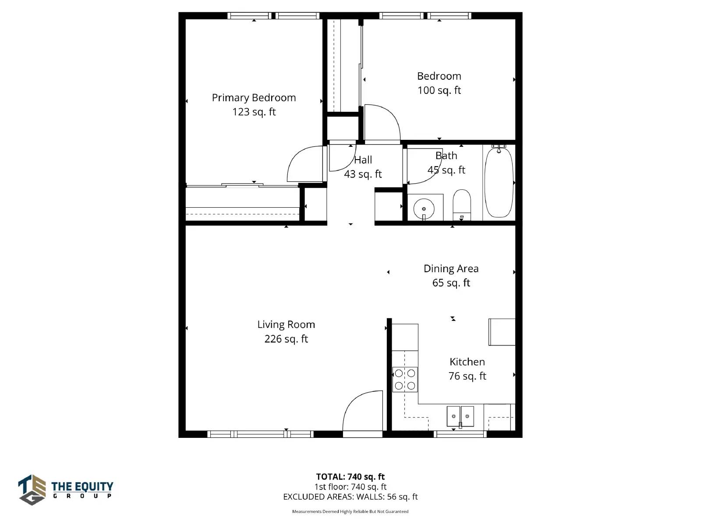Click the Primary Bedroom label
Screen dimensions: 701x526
pyautogui.click(x=254, y=98)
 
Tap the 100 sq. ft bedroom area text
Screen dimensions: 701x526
pyautogui.click(x=439, y=90)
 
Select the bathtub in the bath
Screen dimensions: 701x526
pyautogui.click(x=499, y=182)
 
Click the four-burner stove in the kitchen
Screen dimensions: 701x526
pyautogui.click(x=405, y=380)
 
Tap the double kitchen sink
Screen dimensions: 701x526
pyautogui.click(x=460, y=416)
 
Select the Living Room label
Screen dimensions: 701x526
pyautogui.click(x=286, y=324)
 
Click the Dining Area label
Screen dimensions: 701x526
pyautogui.click(x=451, y=269)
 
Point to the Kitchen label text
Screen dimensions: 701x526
pyautogui.click(x=467, y=362)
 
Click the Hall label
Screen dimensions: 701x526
pyautogui.click(x=363, y=160)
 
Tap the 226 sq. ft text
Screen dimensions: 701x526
pyautogui.click(x=286, y=339)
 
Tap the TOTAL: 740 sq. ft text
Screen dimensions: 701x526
pyautogui.click(x=350, y=477)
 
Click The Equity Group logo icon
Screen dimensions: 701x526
pyautogui.click(x=32, y=490)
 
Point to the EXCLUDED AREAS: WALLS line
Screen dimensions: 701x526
pyautogui.click(x=350, y=497)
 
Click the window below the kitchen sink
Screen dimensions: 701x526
pyautogui.click(x=460, y=434)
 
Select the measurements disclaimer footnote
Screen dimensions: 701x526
pyautogui.click(x=350, y=512)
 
